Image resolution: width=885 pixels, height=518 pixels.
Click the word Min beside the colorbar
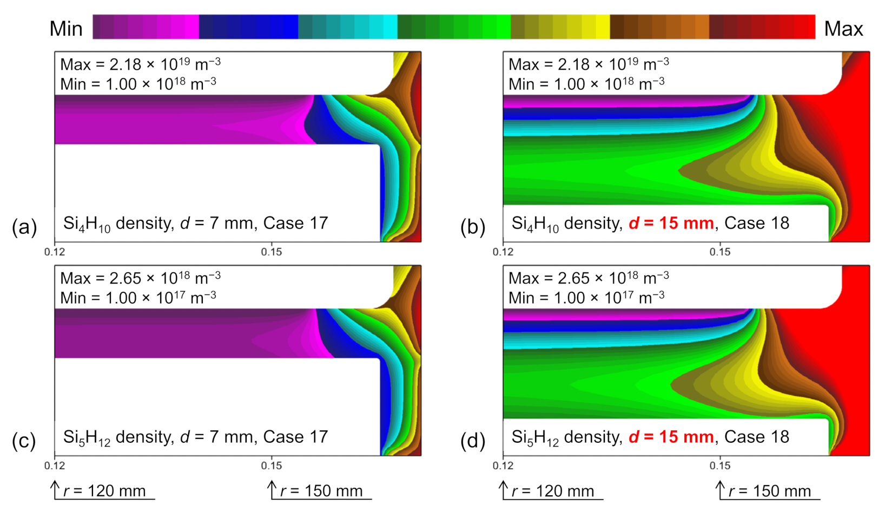coord(66,29)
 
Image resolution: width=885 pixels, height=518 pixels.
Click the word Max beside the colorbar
coord(843,29)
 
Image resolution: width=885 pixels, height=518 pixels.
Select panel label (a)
coord(24,227)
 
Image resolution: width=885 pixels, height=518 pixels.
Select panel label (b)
coord(473,227)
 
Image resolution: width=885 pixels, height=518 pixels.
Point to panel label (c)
coord(24,441)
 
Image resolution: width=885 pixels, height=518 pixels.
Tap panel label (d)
coord(473,441)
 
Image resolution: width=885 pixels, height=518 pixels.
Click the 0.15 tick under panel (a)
coord(271,252)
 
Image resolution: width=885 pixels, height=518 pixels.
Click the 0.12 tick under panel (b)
coord(503,252)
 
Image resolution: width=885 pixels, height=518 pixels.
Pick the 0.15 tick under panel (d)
coord(719,465)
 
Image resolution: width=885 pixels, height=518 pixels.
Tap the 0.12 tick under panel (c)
coord(55,465)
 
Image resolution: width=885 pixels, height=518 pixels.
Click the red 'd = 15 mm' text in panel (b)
coord(671,223)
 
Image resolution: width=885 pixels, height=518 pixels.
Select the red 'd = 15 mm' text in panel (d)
coord(671,437)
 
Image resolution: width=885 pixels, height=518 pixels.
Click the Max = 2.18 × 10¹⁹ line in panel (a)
coord(140,64)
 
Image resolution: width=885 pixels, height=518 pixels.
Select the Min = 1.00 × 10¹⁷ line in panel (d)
coord(586,298)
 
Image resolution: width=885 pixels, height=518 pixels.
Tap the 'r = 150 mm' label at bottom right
coord(769,491)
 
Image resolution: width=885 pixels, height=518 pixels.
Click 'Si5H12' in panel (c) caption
coord(87,437)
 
